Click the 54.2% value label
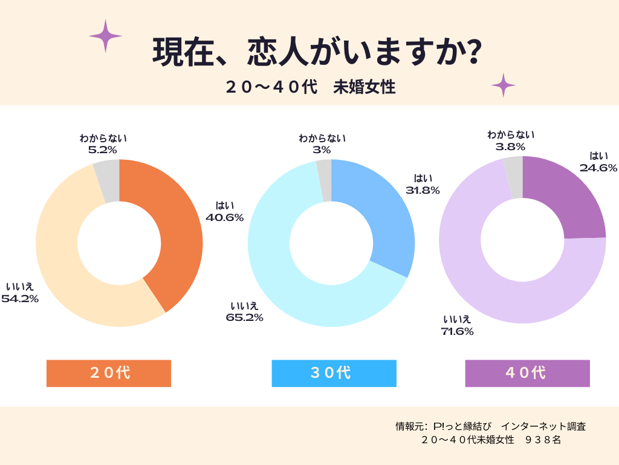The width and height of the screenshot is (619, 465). tap(20, 298)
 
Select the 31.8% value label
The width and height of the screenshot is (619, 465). tap(423, 191)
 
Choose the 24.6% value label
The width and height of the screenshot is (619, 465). tap(598, 168)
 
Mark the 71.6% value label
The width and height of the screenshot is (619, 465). tap(457, 331)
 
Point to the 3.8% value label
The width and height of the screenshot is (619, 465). tap(511, 146)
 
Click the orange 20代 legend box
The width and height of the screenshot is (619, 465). tap(109, 373)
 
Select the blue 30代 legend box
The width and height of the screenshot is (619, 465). tap(334, 373)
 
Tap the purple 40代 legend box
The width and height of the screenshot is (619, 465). tap(527, 373)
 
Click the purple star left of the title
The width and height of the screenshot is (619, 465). tap(105, 36)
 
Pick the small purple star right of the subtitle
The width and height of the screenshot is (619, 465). tap(503, 85)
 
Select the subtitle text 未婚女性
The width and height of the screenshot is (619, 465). tap(364, 87)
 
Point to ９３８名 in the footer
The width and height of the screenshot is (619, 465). tap(543, 440)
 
